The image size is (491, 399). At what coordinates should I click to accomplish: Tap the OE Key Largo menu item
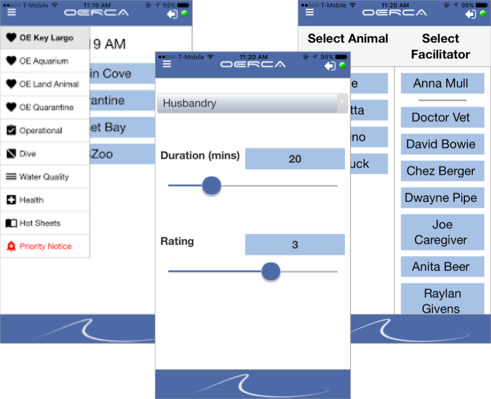pyautogui.click(x=45, y=38)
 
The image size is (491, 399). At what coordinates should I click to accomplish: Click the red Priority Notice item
pyautogui.click(x=45, y=246)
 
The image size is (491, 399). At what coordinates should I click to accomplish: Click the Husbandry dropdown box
pyautogui.click(x=252, y=104)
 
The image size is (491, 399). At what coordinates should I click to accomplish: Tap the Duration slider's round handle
pyautogui.click(x=212, y=186)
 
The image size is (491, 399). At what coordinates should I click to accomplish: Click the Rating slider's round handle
pyautogui.click(x=271, y=271)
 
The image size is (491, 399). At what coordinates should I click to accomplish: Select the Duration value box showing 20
pyautogui.click(x=295, y=159)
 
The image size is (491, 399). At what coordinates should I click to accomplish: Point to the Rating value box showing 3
pyautogui.click(x=295, y=245)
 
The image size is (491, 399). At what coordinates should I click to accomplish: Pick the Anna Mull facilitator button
pyautogui.click(x=440, y=84)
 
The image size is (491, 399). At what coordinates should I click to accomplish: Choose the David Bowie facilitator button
pyautogui.click(x=440, y=144)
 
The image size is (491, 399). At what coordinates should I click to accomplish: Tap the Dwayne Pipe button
pyautogui.click(x=440, y=198)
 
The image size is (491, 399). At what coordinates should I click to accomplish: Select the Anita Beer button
pyautogui.click(x=440, y=267)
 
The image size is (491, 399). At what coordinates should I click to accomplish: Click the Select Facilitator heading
pyautogui.click(x=440, y=46)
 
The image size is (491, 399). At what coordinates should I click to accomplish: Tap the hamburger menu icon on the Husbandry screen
pyautogui.click(x=167, y=64)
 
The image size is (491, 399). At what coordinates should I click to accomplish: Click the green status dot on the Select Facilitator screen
pyautogui.click(x=483, y=14)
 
